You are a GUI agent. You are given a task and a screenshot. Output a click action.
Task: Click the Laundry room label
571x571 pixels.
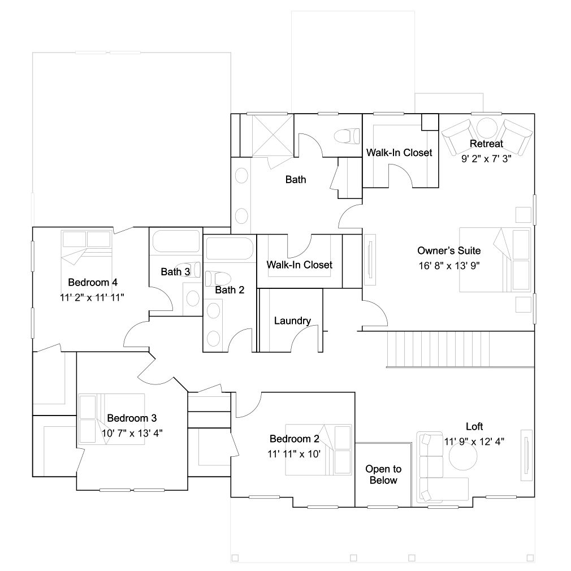(x=292, y=321)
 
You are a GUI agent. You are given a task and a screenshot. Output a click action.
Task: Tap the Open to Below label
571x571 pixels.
(x=383, y=474)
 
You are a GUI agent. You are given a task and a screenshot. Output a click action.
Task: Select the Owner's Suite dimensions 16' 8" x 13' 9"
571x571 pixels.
(x=449, y=266)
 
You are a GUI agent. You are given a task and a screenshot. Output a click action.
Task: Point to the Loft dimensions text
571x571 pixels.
(x=474, y=442)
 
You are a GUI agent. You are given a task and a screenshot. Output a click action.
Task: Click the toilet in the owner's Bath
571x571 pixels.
(x=347, y=136)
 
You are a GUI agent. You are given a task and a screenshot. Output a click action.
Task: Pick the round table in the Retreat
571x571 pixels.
(x=487, y=128)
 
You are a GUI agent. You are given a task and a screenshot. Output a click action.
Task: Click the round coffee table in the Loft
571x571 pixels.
(x=463, y=456)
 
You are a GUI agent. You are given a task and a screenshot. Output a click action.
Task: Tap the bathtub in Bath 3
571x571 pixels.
(x=176, y=241)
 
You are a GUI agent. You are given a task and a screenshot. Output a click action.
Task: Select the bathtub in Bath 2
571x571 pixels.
(x=230, y=248)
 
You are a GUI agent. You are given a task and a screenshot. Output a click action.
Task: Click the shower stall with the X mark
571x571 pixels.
(x=272, y=135)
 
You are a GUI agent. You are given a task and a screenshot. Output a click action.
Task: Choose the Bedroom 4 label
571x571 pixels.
(x=93, y=282)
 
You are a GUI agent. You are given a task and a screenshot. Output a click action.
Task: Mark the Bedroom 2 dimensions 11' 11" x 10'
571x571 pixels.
(x=294, y=454)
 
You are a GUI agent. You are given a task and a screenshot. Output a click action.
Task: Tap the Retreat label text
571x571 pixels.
(x=487, y=144)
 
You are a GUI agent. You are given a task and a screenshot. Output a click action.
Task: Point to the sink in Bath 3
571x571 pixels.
(x=192, y=299)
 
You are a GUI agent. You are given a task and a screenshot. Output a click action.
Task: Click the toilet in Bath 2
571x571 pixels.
(x=218, y=279)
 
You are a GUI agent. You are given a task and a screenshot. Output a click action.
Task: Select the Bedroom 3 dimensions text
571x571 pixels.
(x=132, y=434)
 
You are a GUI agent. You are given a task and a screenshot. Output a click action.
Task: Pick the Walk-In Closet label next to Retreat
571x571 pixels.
(x=399, y=153)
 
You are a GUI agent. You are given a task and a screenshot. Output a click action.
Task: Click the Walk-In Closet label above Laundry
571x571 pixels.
(x=299, y=265)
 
